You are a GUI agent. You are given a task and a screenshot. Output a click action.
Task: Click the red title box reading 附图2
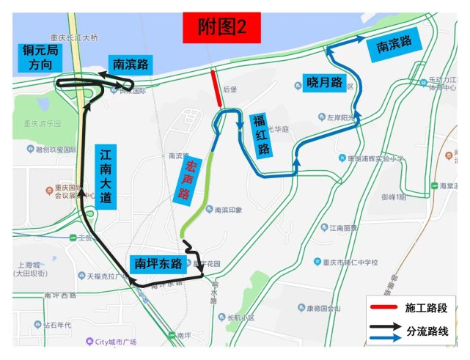(221, 27)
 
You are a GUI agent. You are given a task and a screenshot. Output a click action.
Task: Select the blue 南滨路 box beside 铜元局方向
(130, 65)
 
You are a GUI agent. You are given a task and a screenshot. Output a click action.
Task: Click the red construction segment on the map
(217, 88)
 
